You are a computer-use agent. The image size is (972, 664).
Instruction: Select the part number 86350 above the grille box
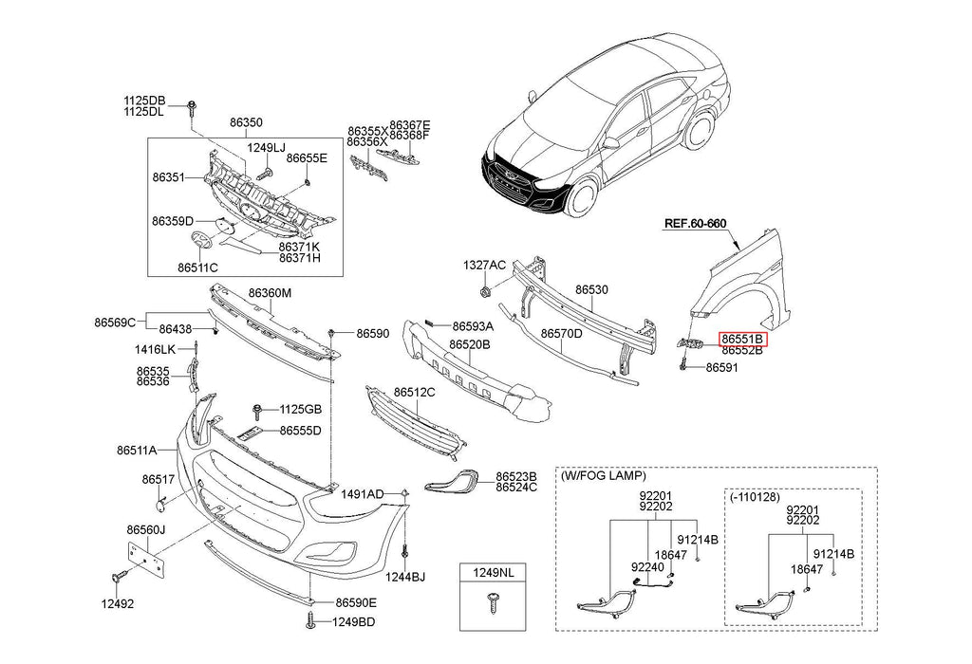(245, 122)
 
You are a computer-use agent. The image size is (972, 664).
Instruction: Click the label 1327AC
(484, 265)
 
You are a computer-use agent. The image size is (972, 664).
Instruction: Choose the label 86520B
(469, 344)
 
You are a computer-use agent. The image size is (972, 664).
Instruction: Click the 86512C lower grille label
(415, 392)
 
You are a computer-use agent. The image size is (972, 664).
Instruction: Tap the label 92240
(647, 567)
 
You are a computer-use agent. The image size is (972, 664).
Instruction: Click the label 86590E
(356, 602)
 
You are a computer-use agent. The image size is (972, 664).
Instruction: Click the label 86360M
(270, 293)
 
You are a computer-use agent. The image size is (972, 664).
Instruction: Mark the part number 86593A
(473, 324)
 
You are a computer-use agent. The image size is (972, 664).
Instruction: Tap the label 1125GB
(300, 409)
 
